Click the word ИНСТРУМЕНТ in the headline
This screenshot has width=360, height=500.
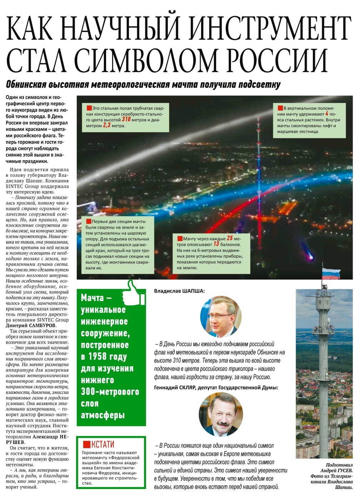(270, 29)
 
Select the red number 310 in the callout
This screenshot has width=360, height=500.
(126, 119)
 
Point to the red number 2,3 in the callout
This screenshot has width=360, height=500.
(107, 125)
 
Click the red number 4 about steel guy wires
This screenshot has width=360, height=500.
(326, 114)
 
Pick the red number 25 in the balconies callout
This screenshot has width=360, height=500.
(230, 238)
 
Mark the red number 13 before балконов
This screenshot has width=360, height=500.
(216, 244)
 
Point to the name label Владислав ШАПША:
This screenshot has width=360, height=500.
(179, 291)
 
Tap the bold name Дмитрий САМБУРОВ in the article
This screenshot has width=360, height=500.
(31, 325)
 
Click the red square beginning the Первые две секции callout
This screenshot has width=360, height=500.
(88, 221)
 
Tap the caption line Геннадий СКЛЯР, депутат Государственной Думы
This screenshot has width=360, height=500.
(216, 387)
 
